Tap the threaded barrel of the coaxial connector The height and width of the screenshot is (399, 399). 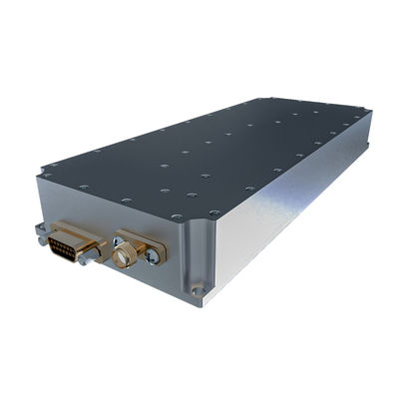click(x=124, y=258)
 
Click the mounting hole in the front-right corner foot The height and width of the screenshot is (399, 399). click(x=199, y=292)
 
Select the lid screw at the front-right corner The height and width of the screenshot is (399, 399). click(x=212, y=213)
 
